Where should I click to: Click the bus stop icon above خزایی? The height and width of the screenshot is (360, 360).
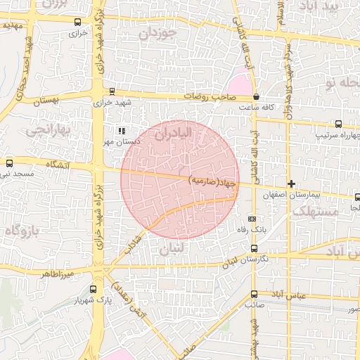77,22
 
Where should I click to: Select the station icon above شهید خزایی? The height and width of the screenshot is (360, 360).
112,91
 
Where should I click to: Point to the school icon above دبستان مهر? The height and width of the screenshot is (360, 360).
122,131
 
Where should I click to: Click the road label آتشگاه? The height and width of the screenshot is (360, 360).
59,164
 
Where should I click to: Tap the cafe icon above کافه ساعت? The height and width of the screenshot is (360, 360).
256,97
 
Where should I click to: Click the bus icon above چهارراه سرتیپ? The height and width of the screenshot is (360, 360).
338,124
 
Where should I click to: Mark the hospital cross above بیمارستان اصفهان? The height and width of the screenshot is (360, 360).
291,184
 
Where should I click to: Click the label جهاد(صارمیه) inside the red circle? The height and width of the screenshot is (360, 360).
214,182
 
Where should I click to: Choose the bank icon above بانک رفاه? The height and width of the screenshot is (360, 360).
252,219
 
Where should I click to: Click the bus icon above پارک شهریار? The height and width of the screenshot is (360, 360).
94,289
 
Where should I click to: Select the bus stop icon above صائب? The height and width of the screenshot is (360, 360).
254,295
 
